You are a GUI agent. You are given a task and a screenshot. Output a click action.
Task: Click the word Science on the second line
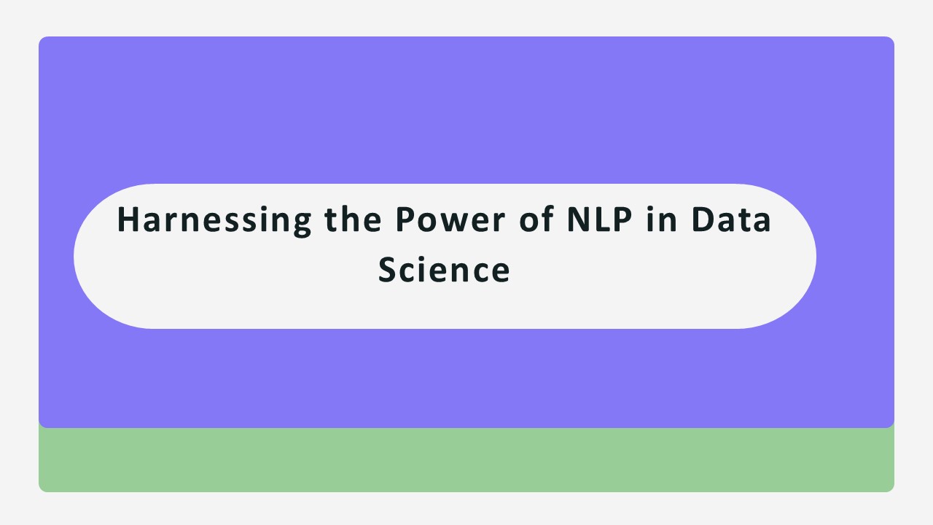pos(444,270)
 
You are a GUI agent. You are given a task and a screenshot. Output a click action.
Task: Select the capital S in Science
pos(388,270)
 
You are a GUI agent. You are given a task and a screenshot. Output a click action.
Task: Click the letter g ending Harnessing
pos(300,223)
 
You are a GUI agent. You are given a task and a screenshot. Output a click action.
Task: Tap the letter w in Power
pos(449,222)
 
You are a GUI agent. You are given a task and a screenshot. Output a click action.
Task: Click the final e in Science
pos(501,271)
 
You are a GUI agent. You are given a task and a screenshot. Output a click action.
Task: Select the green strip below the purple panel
pos(466,461)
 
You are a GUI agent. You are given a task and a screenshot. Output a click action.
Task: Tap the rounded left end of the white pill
pos(95,257)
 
